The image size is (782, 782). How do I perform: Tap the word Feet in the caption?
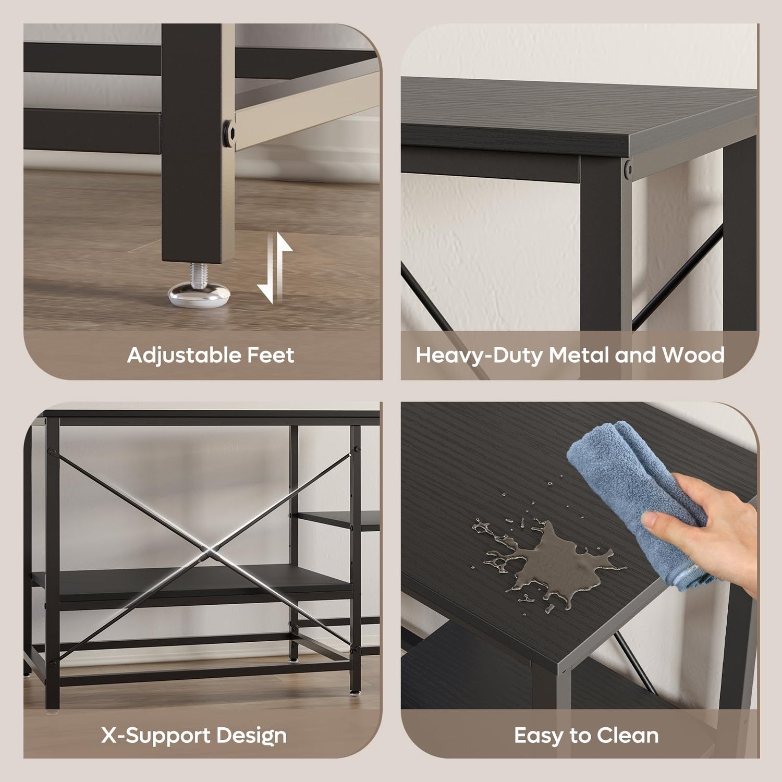271,355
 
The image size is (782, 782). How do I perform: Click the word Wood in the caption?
693,355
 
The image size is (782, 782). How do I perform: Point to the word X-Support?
155,736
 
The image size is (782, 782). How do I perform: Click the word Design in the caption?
251,736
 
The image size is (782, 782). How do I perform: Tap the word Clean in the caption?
628,736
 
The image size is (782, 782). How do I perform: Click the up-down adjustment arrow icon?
275,268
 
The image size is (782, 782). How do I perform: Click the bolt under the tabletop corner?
628,168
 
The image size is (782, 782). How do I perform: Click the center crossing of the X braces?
204,549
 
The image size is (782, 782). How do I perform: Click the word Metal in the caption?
579,355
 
